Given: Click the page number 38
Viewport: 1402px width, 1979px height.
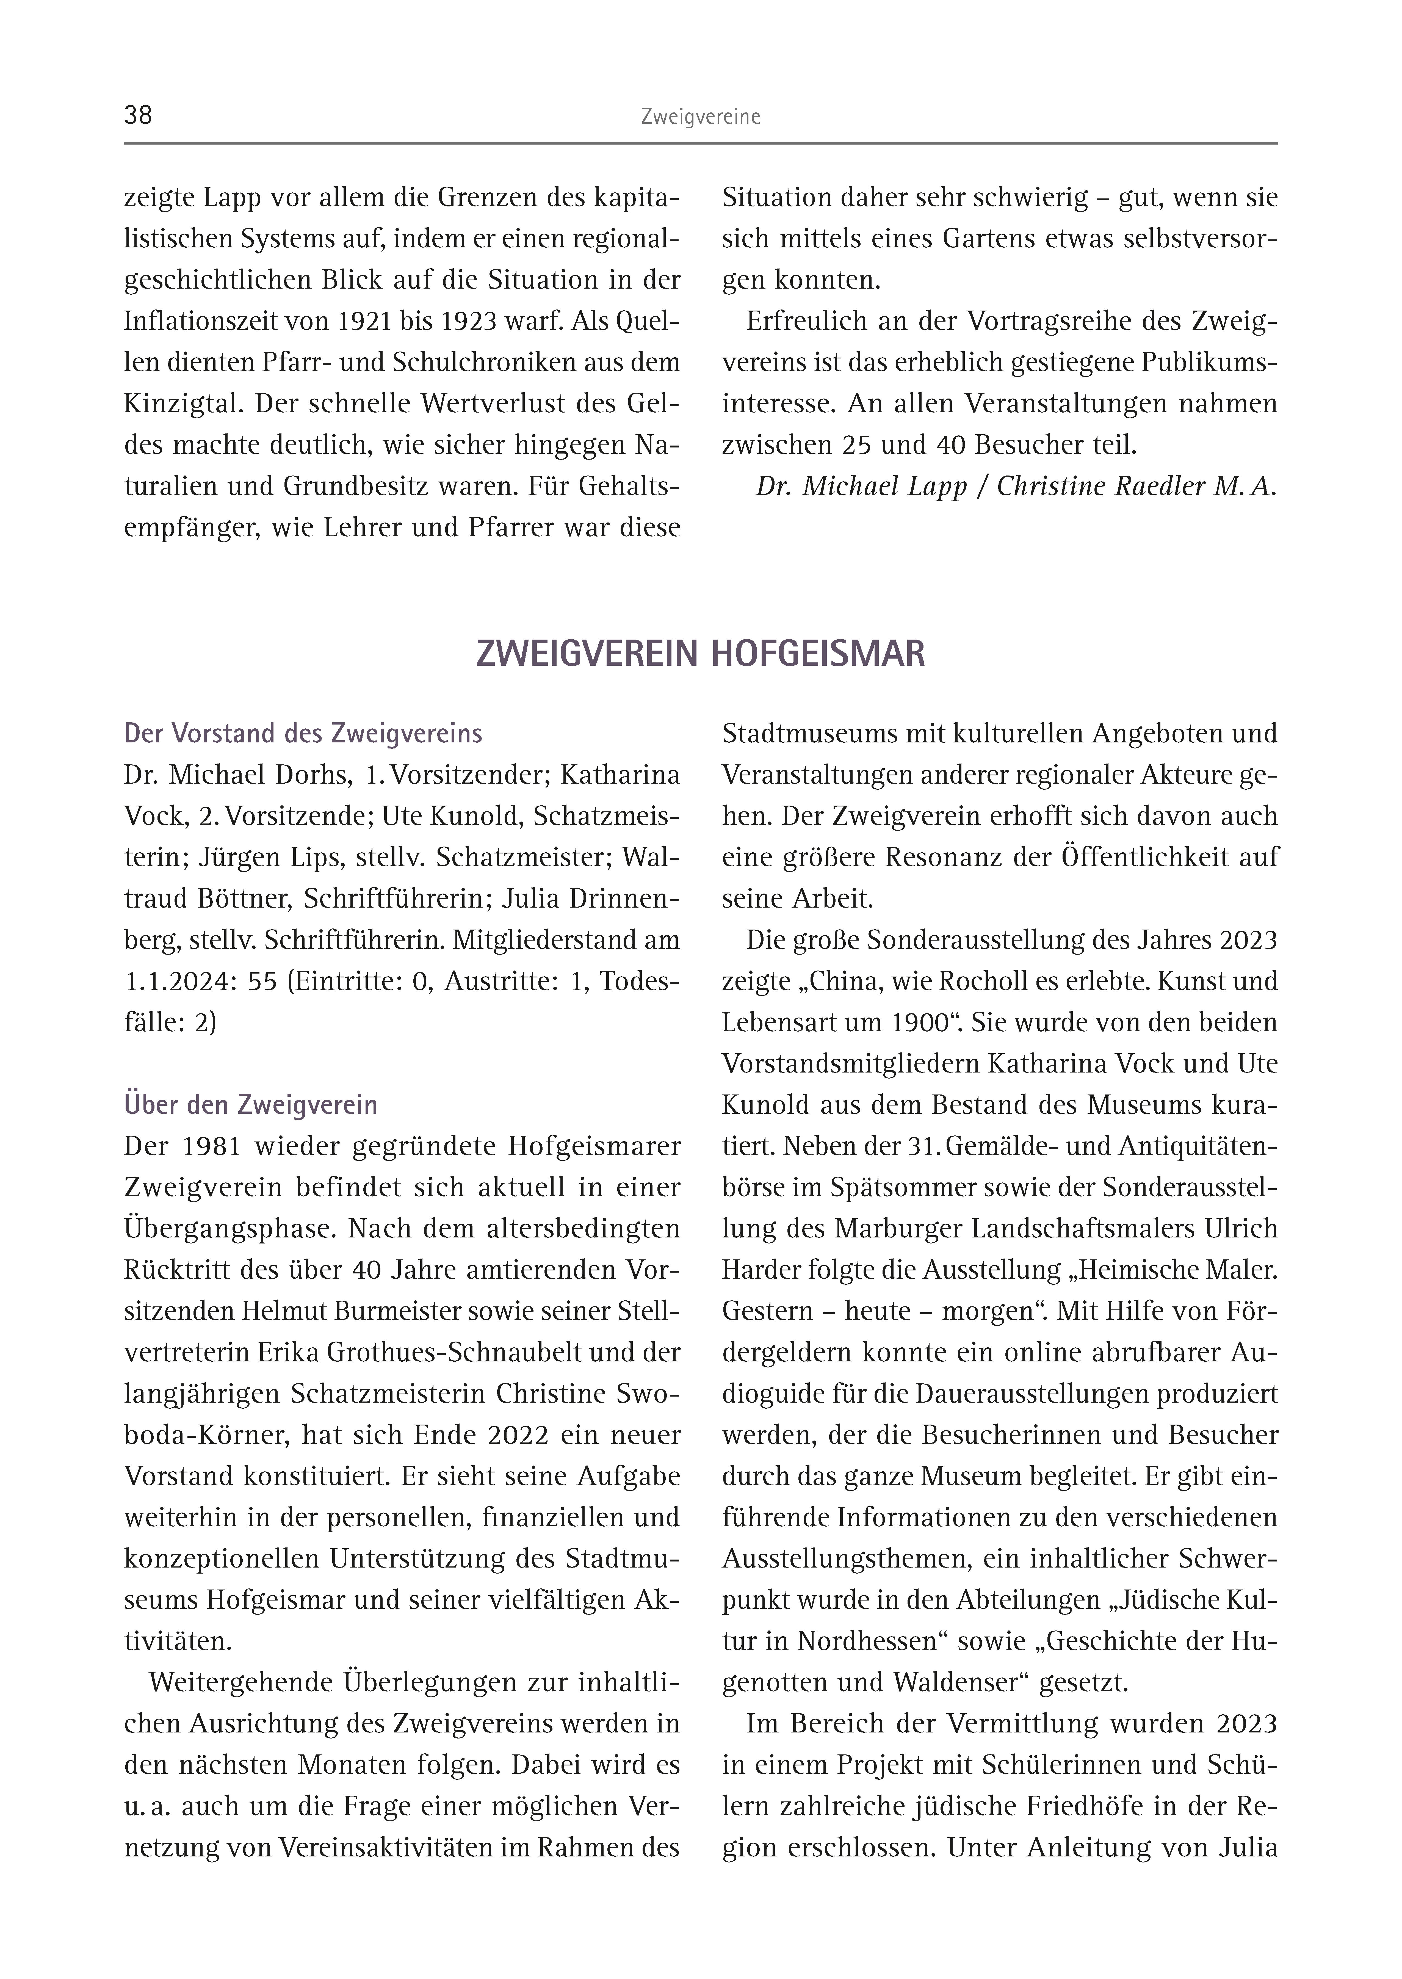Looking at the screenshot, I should (x=138, y=116).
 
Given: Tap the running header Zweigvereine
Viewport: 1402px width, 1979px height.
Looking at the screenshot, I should (x=700, y=117).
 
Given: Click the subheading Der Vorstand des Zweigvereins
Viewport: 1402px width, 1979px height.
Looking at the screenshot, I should (x=303, y=734).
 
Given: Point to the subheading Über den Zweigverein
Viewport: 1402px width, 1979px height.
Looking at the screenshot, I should (x=250, y=1105).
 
